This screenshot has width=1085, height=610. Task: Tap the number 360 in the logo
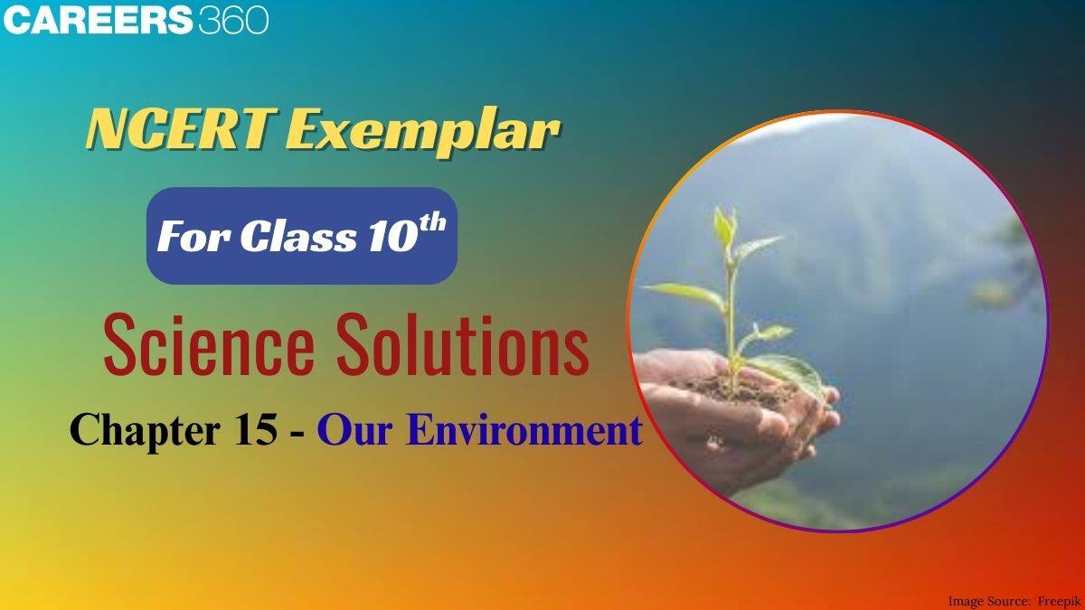(232, 20)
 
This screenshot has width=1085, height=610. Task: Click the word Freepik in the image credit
(1056, 600)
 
